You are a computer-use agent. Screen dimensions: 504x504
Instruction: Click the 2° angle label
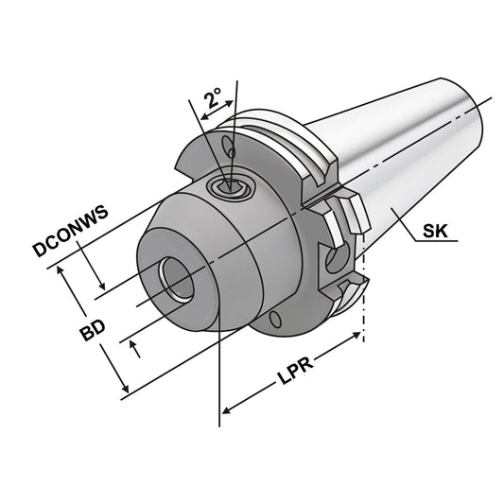[213, 98]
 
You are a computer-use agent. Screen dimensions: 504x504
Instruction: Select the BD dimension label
[93, 330]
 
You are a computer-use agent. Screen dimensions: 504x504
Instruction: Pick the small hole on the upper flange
[230, 148]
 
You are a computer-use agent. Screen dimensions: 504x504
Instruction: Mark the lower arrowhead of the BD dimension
[125, 390]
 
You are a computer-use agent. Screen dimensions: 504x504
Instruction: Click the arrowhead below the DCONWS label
[103, 284]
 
